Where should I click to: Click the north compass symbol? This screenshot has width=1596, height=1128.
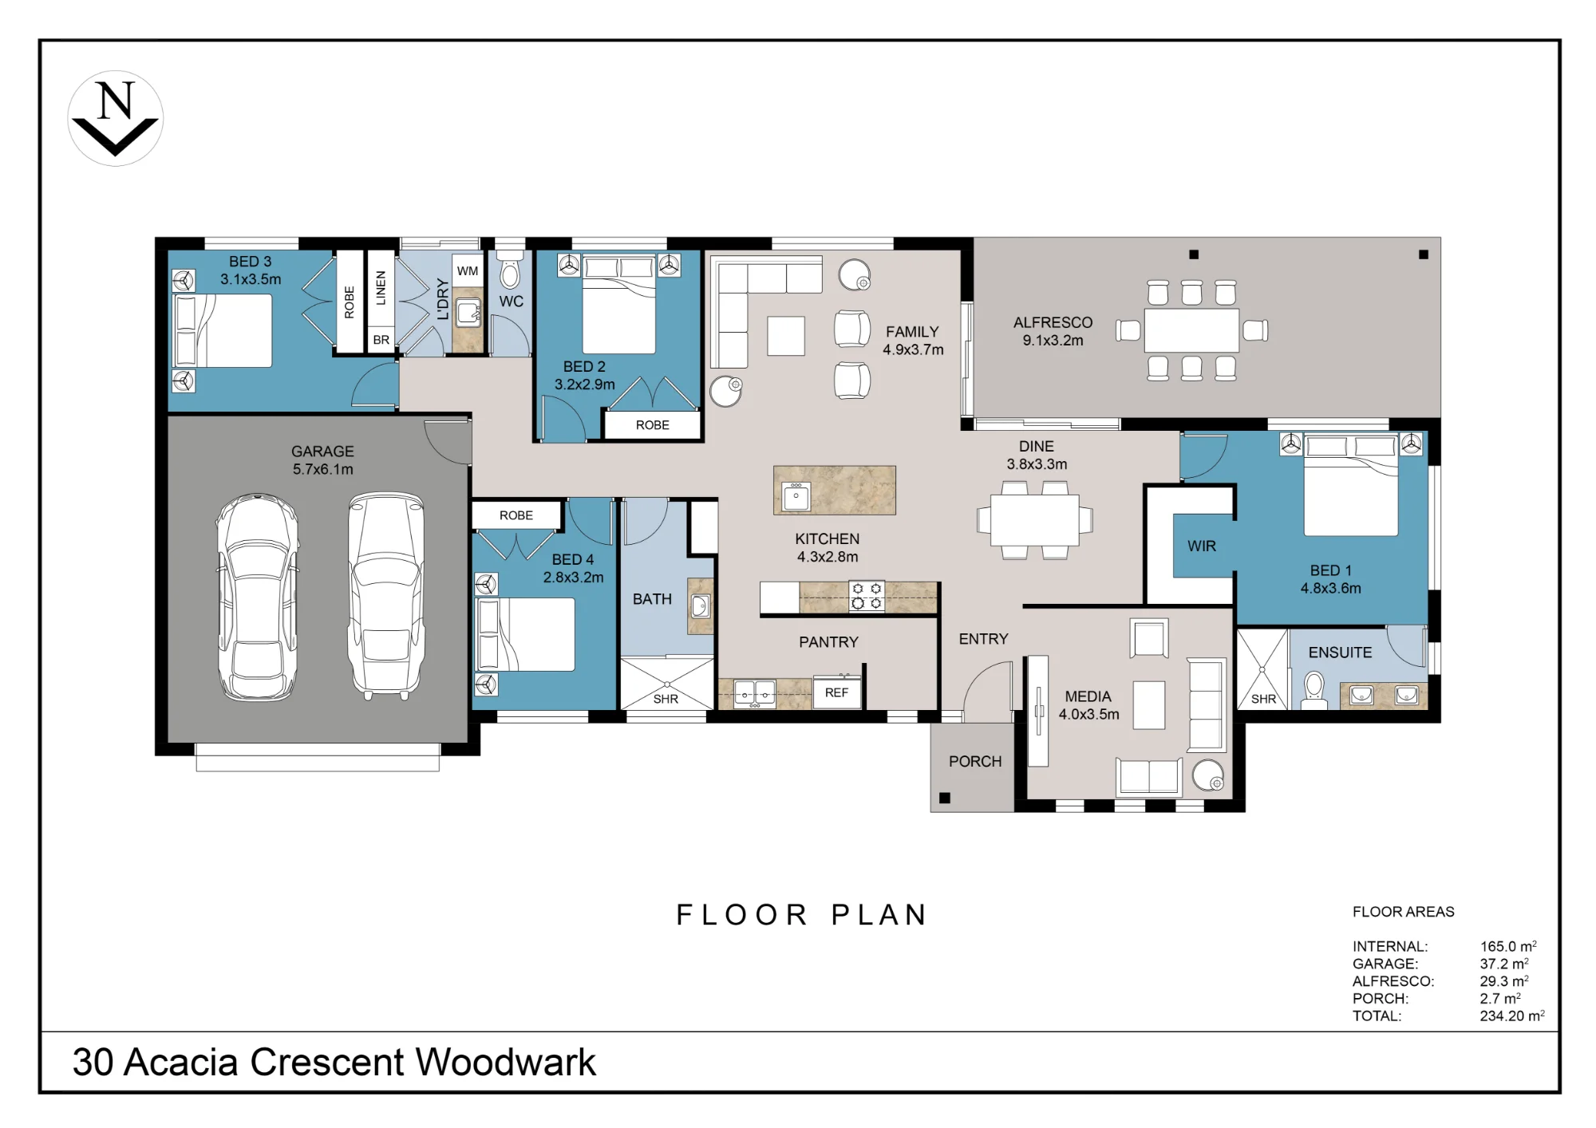(x=116, y=118)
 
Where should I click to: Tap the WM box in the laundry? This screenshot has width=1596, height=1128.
(x=468, y=271)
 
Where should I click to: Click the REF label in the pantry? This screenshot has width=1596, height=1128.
(x=836, y=692)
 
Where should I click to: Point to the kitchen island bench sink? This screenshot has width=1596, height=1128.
(x=796, y=495)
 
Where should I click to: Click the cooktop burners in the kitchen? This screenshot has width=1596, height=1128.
(x=867, y=596)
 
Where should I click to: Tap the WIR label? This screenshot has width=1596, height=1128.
(x=1202, y=546)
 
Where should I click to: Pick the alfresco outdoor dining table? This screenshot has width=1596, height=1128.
(x=1191, y=330)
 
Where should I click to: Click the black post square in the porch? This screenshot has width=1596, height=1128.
(x=945, y=798)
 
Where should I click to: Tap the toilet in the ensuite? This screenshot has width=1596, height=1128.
(x=1314, y=691)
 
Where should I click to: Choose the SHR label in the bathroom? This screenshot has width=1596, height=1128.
(x=666, y=699)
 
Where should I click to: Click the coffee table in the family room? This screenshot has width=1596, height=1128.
(x=786, y=335)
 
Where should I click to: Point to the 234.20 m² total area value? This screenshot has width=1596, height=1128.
(x=1512, y=1016)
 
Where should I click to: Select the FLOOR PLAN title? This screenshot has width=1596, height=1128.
(x=802, y=915)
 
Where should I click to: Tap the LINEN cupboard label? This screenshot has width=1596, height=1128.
(x=381, y=288)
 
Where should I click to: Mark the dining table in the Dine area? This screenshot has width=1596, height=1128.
(x=1035, y=520)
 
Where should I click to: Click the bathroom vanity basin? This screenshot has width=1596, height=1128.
(x=700, y=606)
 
